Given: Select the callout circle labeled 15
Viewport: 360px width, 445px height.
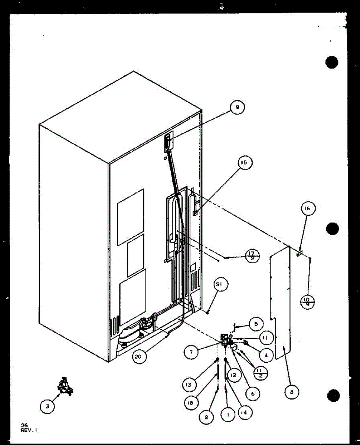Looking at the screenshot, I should tap(245, 163).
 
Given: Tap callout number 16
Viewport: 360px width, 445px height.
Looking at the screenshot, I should tap(308, 209).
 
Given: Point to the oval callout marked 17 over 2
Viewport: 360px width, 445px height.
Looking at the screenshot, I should tap(252, 256).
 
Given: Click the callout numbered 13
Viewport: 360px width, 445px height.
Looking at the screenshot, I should tap(189, 385).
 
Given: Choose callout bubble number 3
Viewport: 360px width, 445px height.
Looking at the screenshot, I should tap(47, 406).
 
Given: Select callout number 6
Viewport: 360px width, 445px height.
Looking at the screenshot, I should tap(253, 394).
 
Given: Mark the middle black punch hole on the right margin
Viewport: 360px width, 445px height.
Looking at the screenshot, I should tap(332, 228).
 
